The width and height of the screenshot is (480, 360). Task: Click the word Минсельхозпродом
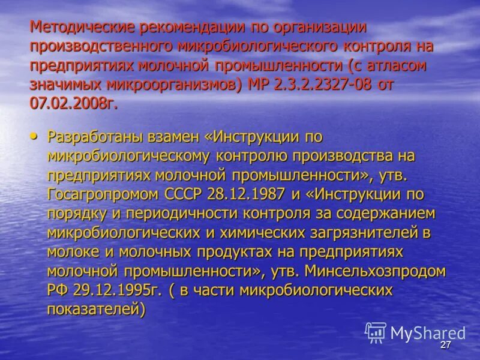pyautogui.click(x=375, y=271)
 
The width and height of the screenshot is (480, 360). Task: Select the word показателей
pyautogui.click(x=97, y=310)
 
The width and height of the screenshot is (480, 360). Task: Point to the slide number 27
pyautogui.click(x=445, y=345)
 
